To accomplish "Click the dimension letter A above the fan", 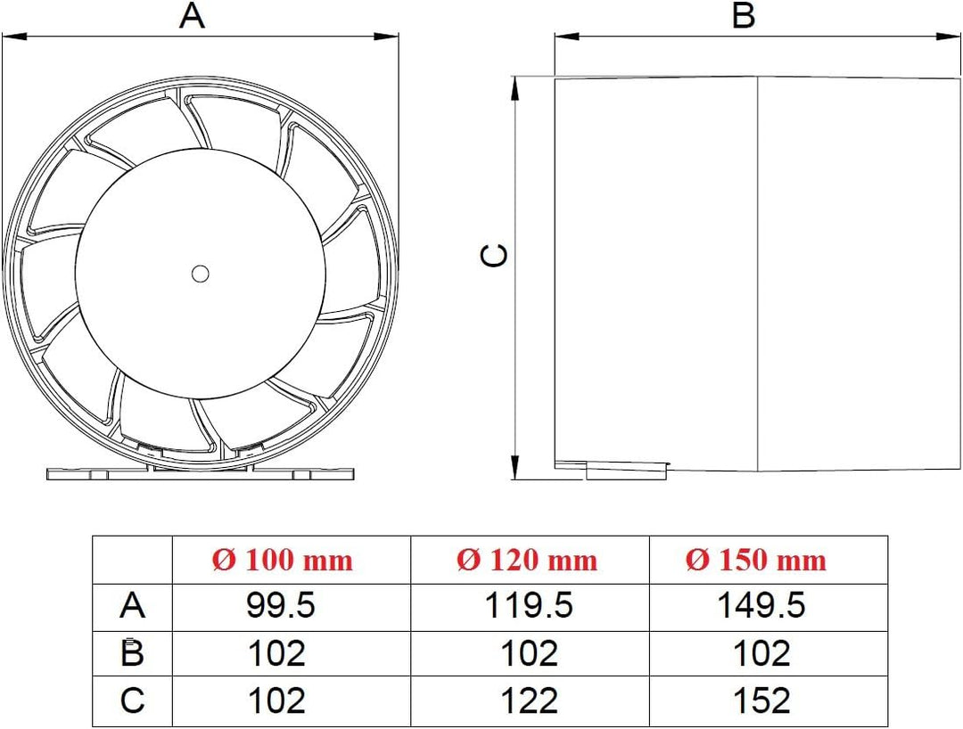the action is tap(192, 15).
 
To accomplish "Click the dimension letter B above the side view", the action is tap(744, 15).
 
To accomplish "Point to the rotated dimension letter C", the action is tap(493, 255).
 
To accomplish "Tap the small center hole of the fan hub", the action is tap(201, 274).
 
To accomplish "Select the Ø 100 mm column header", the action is tap(283, 561).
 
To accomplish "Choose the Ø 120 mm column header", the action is tap(527, 561).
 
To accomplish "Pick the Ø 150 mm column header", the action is tap(756, 561).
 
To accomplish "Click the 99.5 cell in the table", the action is tap(280, 606).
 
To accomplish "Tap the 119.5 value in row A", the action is tap(529, 606).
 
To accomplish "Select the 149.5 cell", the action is tap(761, 606).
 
